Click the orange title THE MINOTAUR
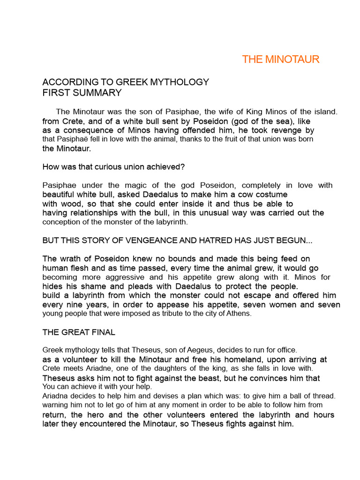pyautogui.click(x=280, y=60)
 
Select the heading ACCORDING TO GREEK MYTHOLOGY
pyautogui.click(x=126, y=82)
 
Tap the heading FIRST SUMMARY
pyautogui.click(x=82, y=93)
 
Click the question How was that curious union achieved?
pyautogui.click(x=113, y=167)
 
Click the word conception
pyautogui.click(x=60, y=222)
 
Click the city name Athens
pyautogui.click(x=240, y=314)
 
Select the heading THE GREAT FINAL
pyautogui.click(x=79, y=332)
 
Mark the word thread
pyautogui.click(x=324, y=396)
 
